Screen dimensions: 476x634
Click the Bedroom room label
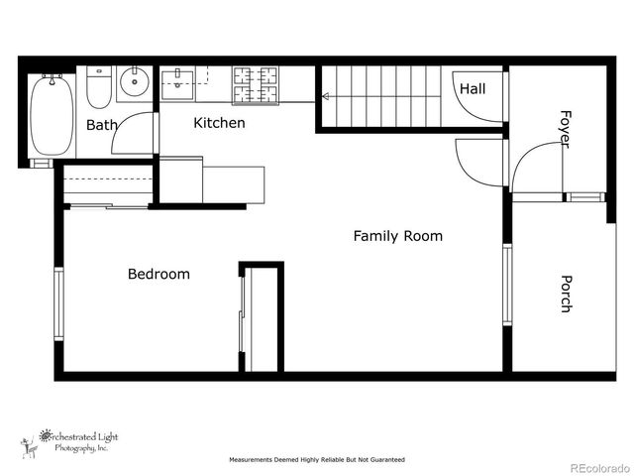tap(158, 274)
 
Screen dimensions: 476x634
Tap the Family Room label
tap(398, 236)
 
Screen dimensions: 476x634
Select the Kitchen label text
tap(219, 123)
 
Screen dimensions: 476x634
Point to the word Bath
tap(102, 125)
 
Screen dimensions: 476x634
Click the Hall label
tap(473, 89)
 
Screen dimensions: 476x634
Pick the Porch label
tap(566, 294)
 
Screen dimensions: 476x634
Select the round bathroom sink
tap(134, 82)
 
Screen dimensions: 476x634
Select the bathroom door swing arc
tap(134, 134)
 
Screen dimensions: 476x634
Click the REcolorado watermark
tap(597, 467)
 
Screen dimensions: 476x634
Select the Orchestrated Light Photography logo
tap(69, 441)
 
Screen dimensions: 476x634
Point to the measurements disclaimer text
tap(316, 460)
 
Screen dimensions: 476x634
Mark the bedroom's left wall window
tap(58, 303)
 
